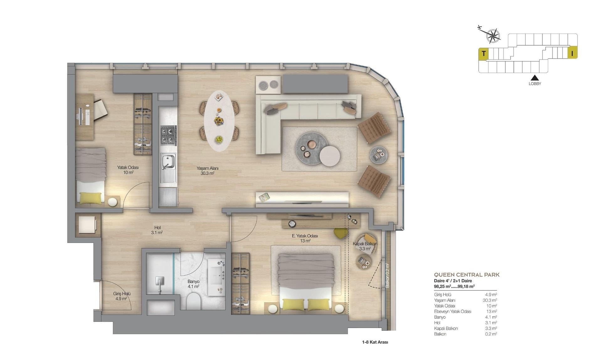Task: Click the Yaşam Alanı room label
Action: point(207,168)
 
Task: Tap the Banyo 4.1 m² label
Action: point(193,284)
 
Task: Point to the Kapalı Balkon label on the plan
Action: point(365,244)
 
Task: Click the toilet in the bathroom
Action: point(193,301)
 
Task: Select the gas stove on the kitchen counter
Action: point(169,135)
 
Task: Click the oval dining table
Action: point(219,121)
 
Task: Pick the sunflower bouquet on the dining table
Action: point(219,120)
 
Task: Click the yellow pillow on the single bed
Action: point(90,198)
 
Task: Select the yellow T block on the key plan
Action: point(483,54)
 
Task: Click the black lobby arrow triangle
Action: point(535,78)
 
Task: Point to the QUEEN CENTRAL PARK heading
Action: point(467,275)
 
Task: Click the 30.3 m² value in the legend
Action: point(490,300)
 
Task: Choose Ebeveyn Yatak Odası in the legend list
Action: point(452,312)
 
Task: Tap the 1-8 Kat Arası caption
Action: point(375,342)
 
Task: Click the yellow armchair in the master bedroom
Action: point(341,233)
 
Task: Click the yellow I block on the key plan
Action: point(572,54)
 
